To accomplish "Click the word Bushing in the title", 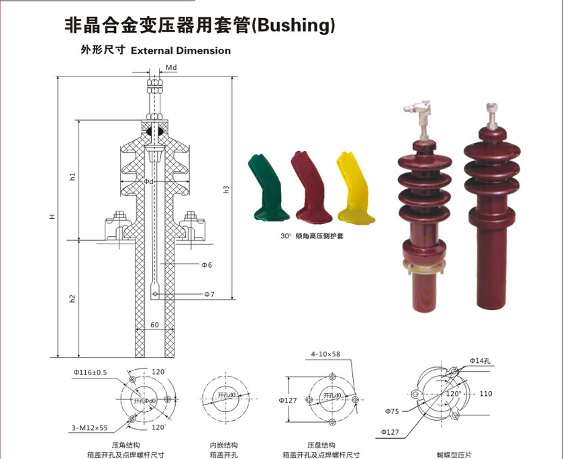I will coord(295,25).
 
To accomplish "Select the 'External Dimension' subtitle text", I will coord(181,50).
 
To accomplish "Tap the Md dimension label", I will coord(171,68).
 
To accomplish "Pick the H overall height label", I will coord(52,217).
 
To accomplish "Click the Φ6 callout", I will coord(207,265).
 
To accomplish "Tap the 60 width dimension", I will coord(154,325).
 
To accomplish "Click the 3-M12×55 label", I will coord(90,427).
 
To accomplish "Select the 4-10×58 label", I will coord(325,354).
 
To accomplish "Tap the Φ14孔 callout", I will coord(481,361).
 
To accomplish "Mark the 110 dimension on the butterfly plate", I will coord(486,394).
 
